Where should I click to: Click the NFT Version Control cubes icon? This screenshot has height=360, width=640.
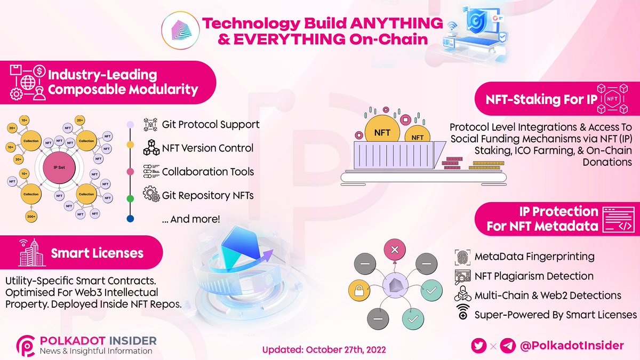pos(151,148)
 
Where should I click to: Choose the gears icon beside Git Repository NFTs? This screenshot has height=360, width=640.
pos(151,195)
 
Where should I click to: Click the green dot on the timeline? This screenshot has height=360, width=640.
pos(130,198)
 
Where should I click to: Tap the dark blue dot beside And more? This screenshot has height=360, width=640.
pos(130,219)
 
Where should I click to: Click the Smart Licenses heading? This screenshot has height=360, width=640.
pos(97,253)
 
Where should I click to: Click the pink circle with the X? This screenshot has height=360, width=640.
pos(395,250)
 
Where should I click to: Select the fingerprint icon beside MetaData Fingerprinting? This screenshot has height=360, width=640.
pos(462,257)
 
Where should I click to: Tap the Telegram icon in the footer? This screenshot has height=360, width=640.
pos(508,346)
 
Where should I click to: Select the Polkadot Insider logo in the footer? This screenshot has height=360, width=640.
pos(26,345)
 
